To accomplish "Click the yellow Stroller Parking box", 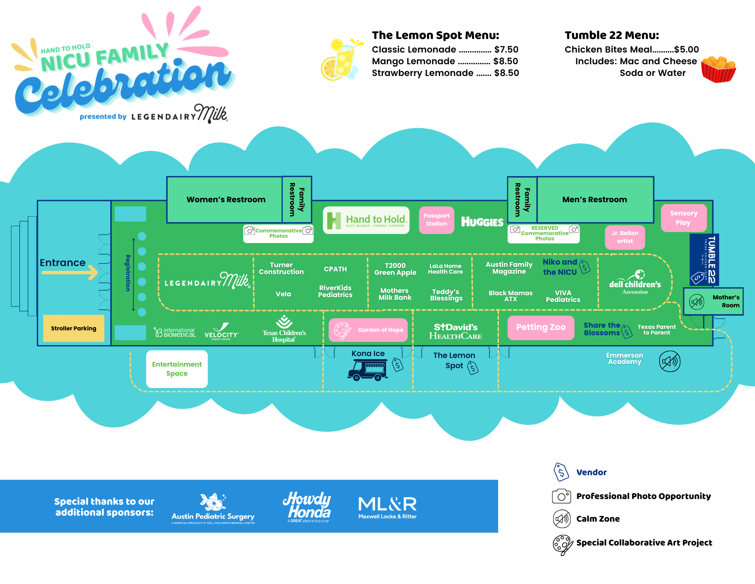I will click(74, 328).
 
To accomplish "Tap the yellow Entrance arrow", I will click(70, 272).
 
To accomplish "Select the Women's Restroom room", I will click(225, 200).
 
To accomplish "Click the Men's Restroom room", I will click(594, 200).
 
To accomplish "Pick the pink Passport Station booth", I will click(436, 220).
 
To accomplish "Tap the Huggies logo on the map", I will click(482, 222).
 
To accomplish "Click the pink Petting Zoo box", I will click(540, 327).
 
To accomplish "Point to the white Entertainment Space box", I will click(177, 369).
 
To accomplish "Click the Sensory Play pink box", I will click(683, 218).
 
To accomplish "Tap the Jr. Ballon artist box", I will click(625, 237).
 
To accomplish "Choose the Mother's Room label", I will click(726, 301).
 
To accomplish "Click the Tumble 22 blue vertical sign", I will click(704, 260).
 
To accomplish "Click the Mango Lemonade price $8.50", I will click(505, 61).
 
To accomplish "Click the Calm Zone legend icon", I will click(562, 519).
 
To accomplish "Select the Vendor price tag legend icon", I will click(561, 472).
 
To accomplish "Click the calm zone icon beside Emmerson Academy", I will click(669, 361).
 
